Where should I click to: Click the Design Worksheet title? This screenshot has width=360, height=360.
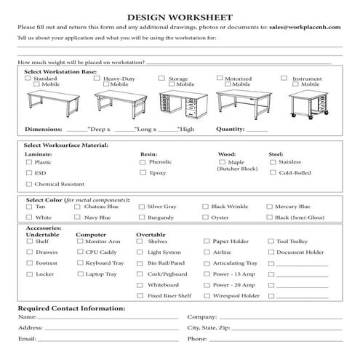tap(180, 15)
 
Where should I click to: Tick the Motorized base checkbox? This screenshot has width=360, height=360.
tap(219, 78)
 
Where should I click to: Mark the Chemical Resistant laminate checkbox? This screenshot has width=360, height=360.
tap(29, 184)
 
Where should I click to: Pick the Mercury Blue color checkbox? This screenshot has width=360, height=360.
tap(270, 207)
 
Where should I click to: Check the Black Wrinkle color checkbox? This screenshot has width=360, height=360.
tap(206, 207)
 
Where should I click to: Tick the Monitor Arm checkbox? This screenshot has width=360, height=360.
tap(79, 241)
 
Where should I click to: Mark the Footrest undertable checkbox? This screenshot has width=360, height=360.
tap(29, 263)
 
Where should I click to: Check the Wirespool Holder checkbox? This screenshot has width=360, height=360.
tap(206, 296)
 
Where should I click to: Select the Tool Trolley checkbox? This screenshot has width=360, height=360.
tap(271, 241)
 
